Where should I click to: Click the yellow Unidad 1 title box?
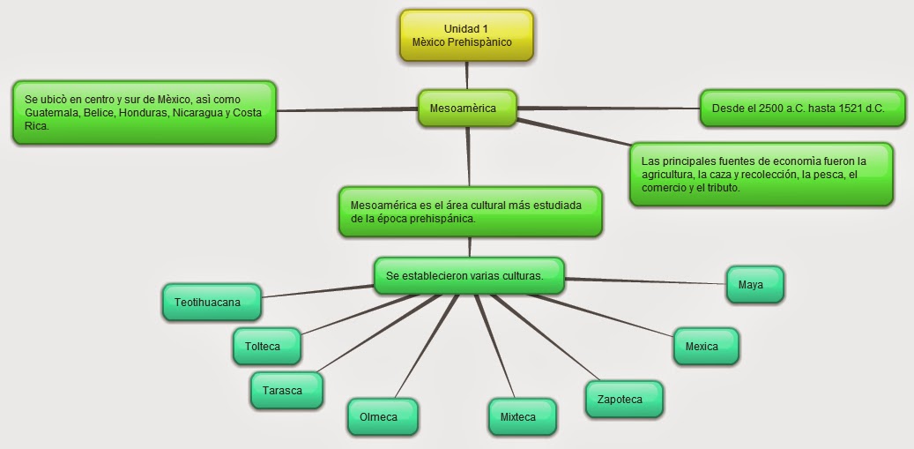tap(465, 35)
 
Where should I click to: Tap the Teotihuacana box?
tap(212, 303)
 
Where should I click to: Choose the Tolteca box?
tap(265, 347)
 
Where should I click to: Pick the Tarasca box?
tap(286, 391)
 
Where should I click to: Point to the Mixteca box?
tap(522, 417)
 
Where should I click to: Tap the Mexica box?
tap(704, 347)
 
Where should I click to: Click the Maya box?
tap(754, 285)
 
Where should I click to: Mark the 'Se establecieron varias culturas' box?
tap(468, 276)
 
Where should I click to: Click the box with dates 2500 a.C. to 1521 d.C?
tap(801, 109)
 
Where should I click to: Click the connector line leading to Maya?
tap(643, 282)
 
